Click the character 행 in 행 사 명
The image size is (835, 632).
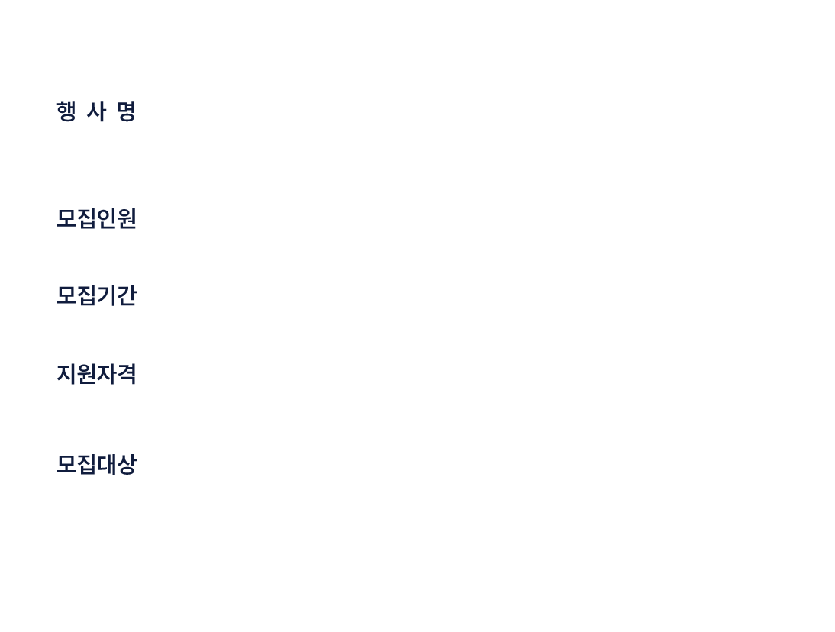[66, 111]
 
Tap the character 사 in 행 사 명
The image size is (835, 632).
[96, 111]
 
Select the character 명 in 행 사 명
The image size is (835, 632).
[127, 111]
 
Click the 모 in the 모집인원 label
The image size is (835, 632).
[66, 219]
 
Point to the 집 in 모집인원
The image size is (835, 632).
[86, 219]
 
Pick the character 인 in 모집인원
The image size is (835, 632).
[107, 219]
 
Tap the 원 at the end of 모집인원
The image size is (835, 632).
[127, 219]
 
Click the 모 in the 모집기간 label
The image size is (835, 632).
[66, 295]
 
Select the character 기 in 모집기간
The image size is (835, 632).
[107, 295]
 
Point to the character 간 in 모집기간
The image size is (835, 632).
[127, 295]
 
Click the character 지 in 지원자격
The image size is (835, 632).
[66, 374]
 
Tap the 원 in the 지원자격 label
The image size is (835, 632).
[86, 374]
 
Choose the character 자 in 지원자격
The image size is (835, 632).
[107, 374]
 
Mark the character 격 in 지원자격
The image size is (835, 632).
[127, 374]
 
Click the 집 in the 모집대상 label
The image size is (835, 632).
[86, 464]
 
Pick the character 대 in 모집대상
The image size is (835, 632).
[107, 464]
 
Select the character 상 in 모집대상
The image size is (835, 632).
[127, 464]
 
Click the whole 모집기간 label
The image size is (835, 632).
[96, 295]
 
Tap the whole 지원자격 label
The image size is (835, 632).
[96, 374]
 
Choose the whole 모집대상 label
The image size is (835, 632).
[96, 464]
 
